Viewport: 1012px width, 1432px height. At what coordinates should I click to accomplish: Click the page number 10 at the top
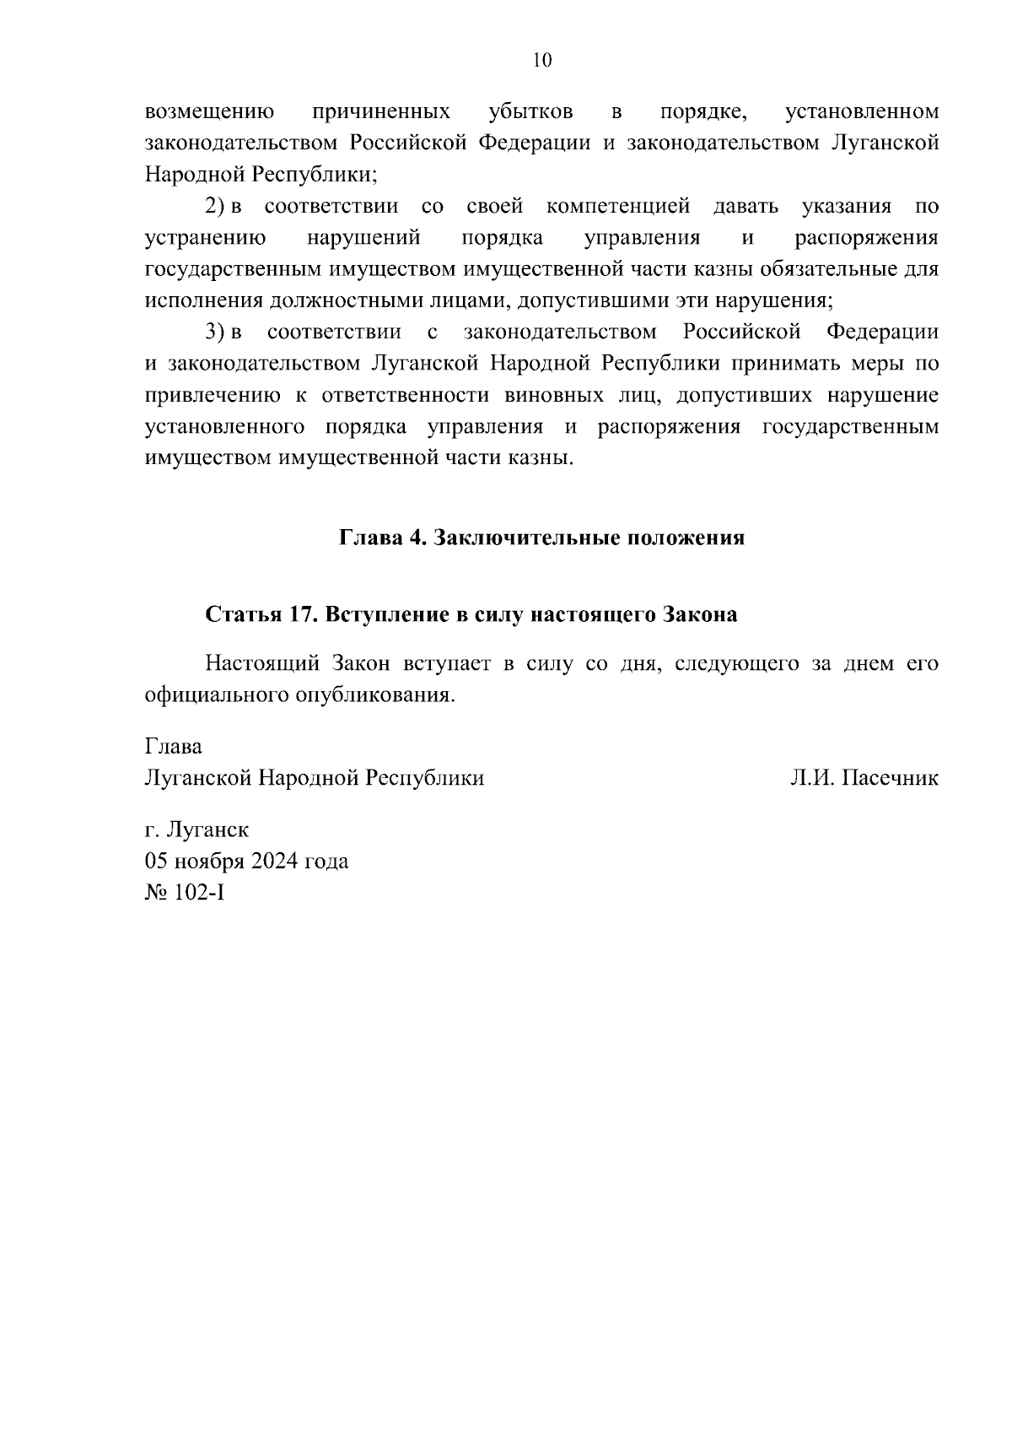coord(541,60)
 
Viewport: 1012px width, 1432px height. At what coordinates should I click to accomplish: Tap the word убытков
coord(531,112)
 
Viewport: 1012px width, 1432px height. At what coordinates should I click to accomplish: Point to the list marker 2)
coord(215,207)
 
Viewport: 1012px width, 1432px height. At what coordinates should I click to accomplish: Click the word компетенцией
coord(618,207)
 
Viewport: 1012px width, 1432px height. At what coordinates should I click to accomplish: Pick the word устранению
coord(206,239)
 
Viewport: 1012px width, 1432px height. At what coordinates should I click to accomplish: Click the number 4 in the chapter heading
coord(415,538)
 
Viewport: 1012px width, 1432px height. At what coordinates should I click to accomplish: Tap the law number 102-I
coord(199,893)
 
